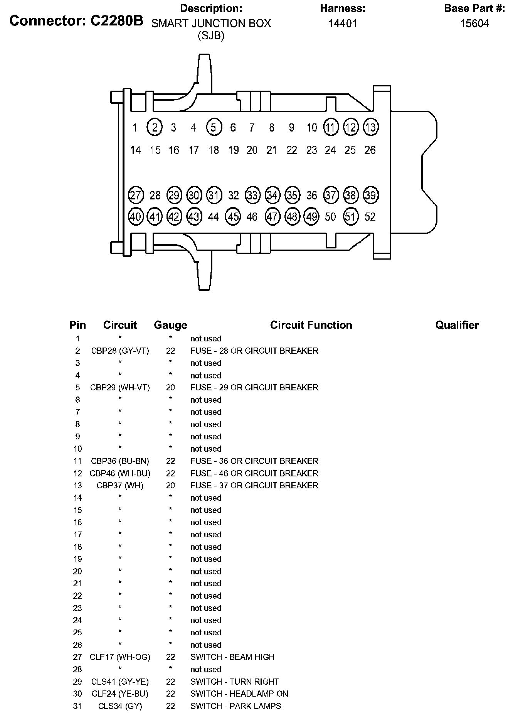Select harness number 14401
click(x=343, y=24)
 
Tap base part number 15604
click(x=474, y=24)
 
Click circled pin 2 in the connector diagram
click(x=155, y=127)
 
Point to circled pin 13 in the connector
click(x=370, y=127)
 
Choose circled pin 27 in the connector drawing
click(x=135, y=195)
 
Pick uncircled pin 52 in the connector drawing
click(x=370, y=217)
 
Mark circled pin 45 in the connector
click(x=233, y=217)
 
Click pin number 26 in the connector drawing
click(x=370, y=150)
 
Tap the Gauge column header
click(x=170, y=325)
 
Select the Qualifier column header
click(x=457, y=325)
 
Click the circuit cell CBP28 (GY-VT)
click(x=120, y=351)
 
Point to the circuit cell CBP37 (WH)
click(x=120, y=485)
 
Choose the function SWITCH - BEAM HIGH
click(x=232, y=657)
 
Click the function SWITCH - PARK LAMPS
click(x=235, y=706)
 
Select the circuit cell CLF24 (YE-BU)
click(x=120, y=694)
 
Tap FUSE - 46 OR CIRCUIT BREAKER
click(x=254, y=473)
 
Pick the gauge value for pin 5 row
click(x=170, y=387)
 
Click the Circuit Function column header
click(x=311, y=325)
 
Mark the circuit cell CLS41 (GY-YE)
click(x=120, y=682)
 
